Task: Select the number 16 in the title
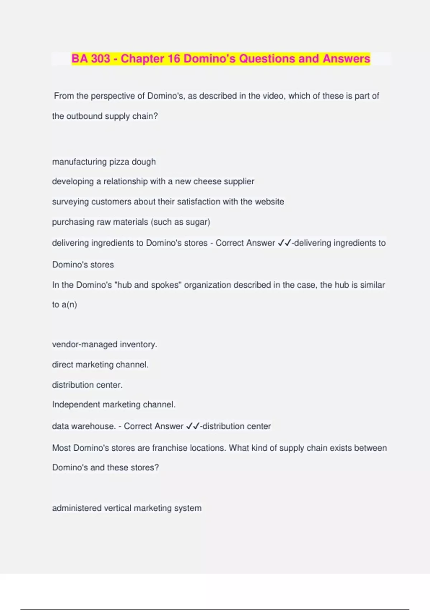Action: [x=174, y=58]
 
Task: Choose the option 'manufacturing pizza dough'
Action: [x=104, y=162]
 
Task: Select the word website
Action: [x=269, y=202]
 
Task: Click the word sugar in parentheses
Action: [x=196, y=222]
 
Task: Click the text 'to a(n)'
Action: [x=64, y=305]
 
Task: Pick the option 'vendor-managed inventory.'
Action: [x=105, y=344]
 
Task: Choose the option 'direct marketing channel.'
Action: [x=100, y=365]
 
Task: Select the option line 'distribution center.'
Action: [x=87, y=385]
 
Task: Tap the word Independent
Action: [x=76, y=405]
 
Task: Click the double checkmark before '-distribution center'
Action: [x=193, y=426]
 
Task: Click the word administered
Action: [x=77, y=508]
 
